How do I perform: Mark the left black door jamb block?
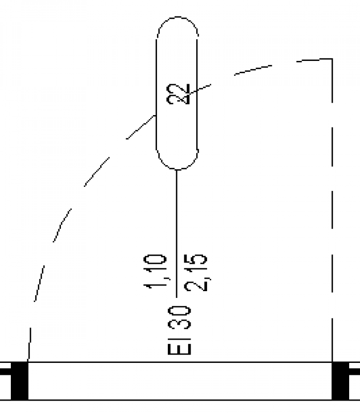coord(19,381)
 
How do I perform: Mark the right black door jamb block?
coord(340,381)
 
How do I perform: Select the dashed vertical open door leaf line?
coord(332,206)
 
